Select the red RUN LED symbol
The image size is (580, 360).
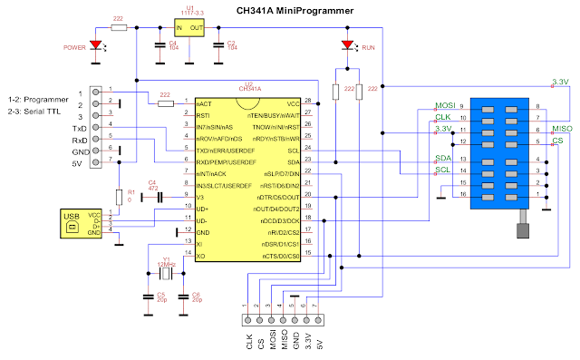(x=346, y=46)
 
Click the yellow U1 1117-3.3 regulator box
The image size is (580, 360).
(x=189, y=28)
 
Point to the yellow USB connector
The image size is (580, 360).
(x=72, y=224)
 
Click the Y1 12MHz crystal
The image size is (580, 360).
(x=169, y=271)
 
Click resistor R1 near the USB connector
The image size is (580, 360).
(x=119, y=197)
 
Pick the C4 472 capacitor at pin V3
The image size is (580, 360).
(x=159, y=196)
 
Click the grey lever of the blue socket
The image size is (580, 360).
(x=523, y=230)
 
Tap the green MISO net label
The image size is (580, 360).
(x=562, y=129)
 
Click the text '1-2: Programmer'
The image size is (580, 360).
(x=32, y=96)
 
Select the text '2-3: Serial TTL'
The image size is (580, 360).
(x=32, y=109)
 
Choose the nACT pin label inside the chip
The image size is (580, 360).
(x=205, y=104)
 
